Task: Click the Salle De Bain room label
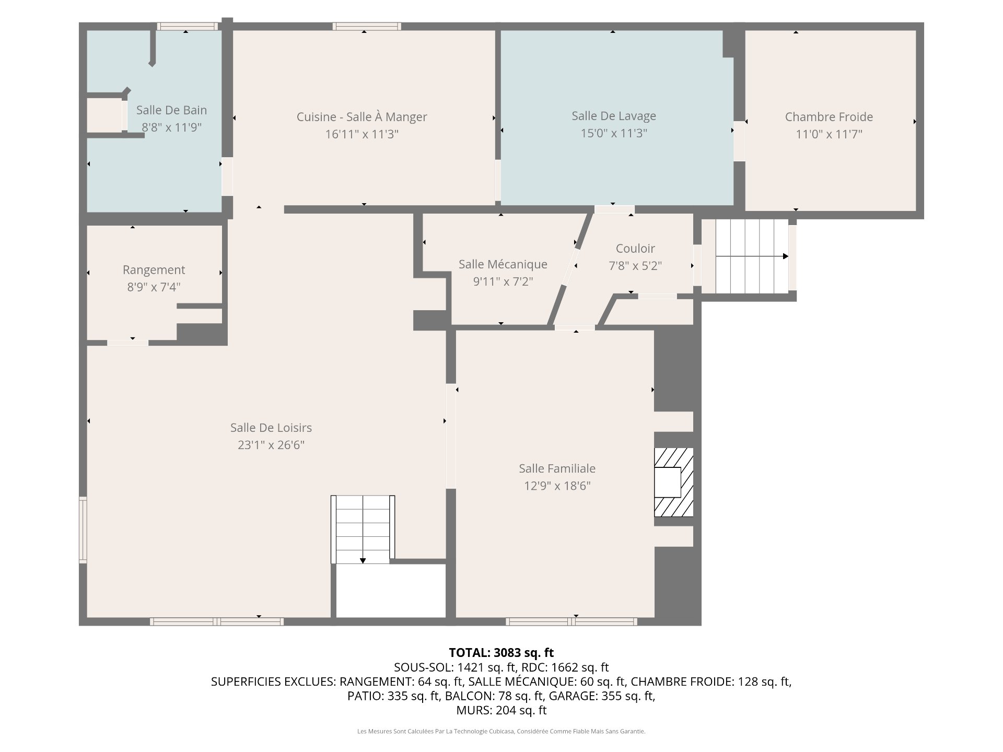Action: pos(171,110)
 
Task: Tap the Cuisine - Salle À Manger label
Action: pos(361,117)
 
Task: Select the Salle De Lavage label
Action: pos(614,116)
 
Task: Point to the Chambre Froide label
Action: pos(829,117)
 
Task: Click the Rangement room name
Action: pos(154,270)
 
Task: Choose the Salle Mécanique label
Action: pos(503,264)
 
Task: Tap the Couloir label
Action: pos(635,249)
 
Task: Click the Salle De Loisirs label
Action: pos(271,428)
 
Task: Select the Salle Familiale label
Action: pos(557,468)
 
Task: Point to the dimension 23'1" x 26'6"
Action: pos(271,445)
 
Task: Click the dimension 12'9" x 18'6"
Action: pos(557,486)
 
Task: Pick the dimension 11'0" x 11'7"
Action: pos(829,134)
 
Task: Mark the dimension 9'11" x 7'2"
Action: pos(503,281)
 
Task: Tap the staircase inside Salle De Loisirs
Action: pos(363,530)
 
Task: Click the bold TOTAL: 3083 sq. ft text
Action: pos(501,653)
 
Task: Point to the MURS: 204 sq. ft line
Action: pos(501,710)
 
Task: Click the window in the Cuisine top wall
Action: pos(367,26)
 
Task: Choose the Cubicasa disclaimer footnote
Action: pos(501,732)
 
